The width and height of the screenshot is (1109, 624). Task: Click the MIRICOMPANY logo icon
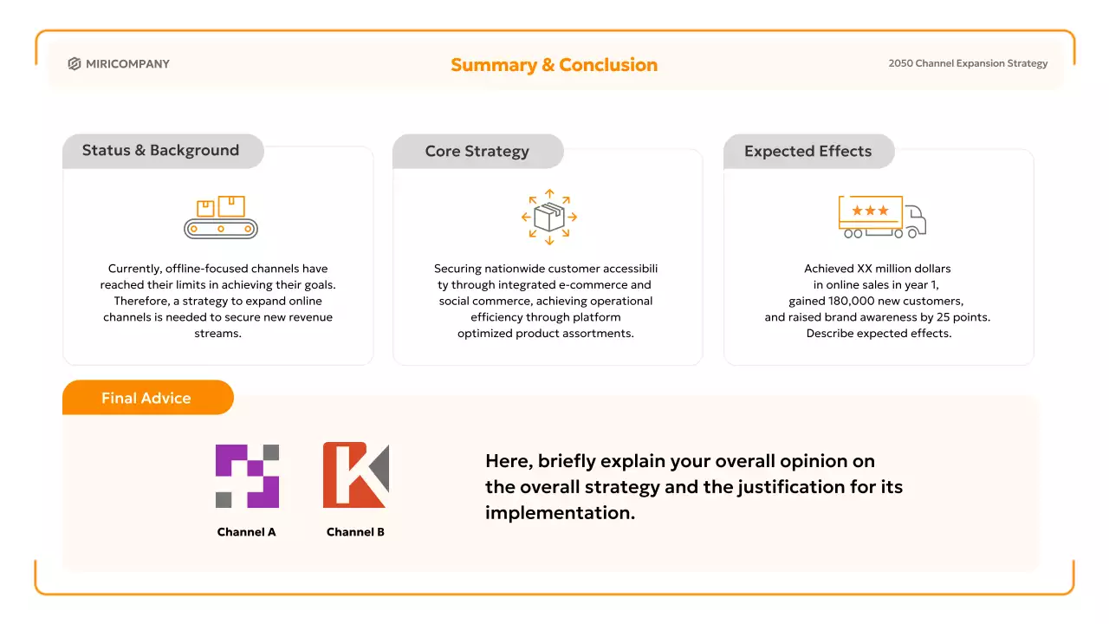(75, 64)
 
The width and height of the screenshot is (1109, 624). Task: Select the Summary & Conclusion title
(554, 65)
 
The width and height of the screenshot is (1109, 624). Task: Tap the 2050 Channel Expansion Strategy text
(968, 63)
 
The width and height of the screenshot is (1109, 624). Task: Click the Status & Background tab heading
(160, 151)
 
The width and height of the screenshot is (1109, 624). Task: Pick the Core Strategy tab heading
(477, 152)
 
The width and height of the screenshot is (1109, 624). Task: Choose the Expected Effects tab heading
(807, 152)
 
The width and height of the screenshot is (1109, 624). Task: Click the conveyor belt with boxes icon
(221, 218)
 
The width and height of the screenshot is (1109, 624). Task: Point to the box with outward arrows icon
(549, 217)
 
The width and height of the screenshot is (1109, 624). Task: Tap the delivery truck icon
(881, 217)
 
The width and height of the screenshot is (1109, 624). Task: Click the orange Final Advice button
(147, 398)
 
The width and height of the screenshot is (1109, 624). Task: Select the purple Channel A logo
(247, 476)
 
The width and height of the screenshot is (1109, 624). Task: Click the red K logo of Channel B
(355, 475)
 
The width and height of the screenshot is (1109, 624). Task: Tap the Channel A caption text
(247, 532)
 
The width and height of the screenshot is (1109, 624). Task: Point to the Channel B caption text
(355, 532)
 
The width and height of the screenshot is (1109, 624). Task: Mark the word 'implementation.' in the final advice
(560, 512)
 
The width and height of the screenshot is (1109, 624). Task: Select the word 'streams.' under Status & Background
(217, 334)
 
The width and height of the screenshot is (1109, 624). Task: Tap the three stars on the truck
(870, 211)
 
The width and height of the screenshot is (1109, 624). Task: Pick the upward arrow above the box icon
(549, 193)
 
